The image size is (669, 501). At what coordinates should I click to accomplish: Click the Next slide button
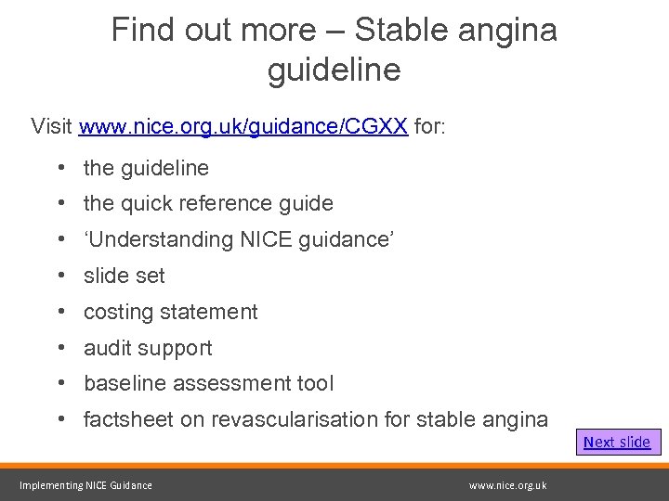coord(617,442)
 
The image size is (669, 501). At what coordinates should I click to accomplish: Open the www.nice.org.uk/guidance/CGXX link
coord(243,126)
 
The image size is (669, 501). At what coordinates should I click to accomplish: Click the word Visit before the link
coord(53,126)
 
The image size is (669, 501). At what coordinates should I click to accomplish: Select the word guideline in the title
coord(334,70)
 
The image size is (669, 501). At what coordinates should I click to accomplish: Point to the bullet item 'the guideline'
coord(146,168)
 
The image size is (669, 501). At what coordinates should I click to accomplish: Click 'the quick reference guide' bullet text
coord(208,203)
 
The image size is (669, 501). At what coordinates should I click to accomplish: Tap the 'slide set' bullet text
coord(125,276)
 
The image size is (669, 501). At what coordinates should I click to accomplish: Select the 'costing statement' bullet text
coord(171,312)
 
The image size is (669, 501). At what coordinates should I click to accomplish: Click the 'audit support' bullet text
coord(148,348)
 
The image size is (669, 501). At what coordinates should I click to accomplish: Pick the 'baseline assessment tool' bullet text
coord(208,383)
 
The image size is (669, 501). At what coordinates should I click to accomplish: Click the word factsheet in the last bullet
coord(128,419)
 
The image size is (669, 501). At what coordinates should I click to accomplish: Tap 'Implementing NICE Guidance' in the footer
coord(85,485)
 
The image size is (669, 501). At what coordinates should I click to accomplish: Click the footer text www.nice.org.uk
coord(507,485)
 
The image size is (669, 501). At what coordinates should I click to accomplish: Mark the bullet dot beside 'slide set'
coord(59,276)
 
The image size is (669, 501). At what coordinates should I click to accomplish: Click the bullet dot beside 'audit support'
coord(59,348)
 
